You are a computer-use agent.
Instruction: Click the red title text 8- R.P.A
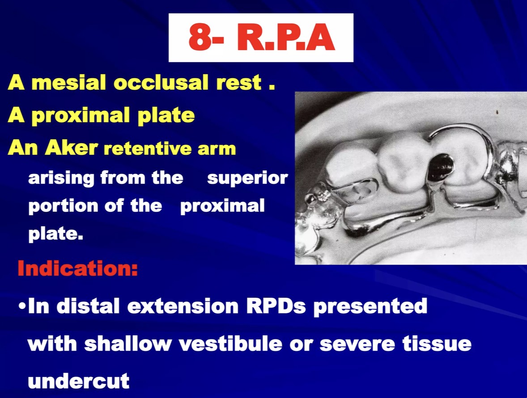point(261,37)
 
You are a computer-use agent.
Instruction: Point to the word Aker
point(72,147)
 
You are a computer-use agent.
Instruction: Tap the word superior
point(247,178)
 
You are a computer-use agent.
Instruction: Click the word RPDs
point(276,306)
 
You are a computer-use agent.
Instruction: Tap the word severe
point(357,344)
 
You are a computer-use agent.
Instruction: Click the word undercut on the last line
point(79,381)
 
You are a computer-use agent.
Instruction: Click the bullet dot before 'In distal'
point(22,307)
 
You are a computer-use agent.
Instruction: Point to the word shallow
point(127,343)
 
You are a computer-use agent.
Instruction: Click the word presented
point(370,307)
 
